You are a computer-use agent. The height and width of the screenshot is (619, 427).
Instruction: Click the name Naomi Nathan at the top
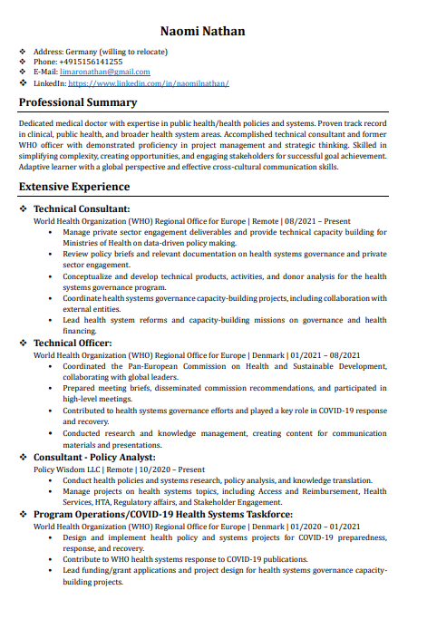[x=202, y=31]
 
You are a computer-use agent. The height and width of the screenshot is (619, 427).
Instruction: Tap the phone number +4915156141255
[x=96, y=62]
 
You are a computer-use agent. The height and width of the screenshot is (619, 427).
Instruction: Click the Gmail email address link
[x=104, y=72]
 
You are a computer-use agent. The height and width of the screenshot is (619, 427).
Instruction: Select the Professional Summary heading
[x=78, y=102]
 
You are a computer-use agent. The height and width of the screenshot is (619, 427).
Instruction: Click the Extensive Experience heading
[x=74, y=187]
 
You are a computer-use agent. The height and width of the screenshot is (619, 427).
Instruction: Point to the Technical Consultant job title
[x=81, y=208]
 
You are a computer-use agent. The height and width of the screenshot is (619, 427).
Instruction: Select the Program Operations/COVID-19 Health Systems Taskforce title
[x=162, y=514]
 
